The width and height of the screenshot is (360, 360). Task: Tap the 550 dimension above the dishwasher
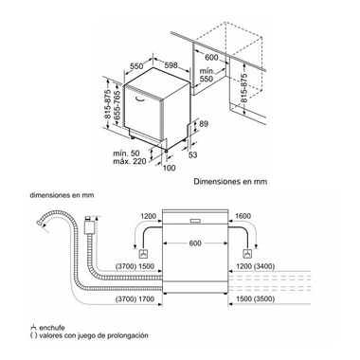coord(136,67)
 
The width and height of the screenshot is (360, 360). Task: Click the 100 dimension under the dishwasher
coord(171,168)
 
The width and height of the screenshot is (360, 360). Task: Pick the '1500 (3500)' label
coord(255,298)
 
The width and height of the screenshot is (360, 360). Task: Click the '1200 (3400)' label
coord(255,267)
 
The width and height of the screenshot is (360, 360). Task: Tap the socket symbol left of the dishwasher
coord(143,254)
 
